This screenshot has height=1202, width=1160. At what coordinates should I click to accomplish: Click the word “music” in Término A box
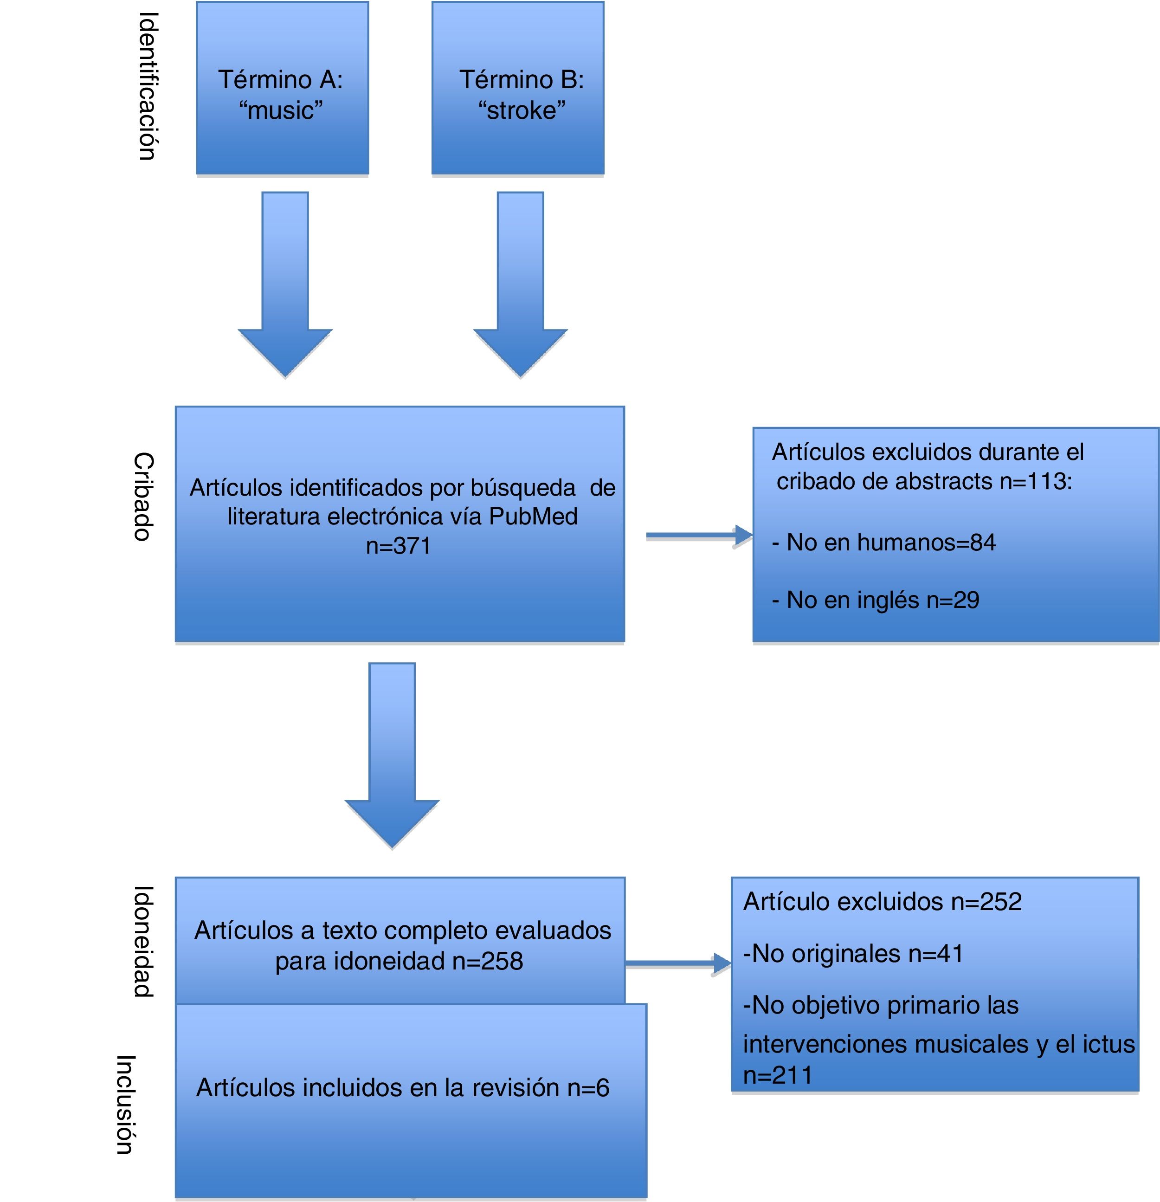[x=281, y=111]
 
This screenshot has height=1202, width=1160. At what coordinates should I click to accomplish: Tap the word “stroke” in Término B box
[x=521, y=111]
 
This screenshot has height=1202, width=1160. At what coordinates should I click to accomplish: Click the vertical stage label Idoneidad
[x=143, y=941]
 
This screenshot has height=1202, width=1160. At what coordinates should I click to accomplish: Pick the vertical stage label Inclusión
[x=125, y=1105]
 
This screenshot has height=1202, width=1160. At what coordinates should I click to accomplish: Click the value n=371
[x=399, y=546]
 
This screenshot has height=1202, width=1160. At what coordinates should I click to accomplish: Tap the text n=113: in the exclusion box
[x=1036, y=481]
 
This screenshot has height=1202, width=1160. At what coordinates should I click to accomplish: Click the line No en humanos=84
[x=883, y=543]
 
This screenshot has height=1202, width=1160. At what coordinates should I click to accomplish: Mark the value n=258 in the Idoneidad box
[x=487, y=961]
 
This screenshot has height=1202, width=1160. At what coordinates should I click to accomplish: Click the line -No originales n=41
[x=853, y=954]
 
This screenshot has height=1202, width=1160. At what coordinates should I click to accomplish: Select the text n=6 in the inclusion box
[x=588, y=1088]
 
